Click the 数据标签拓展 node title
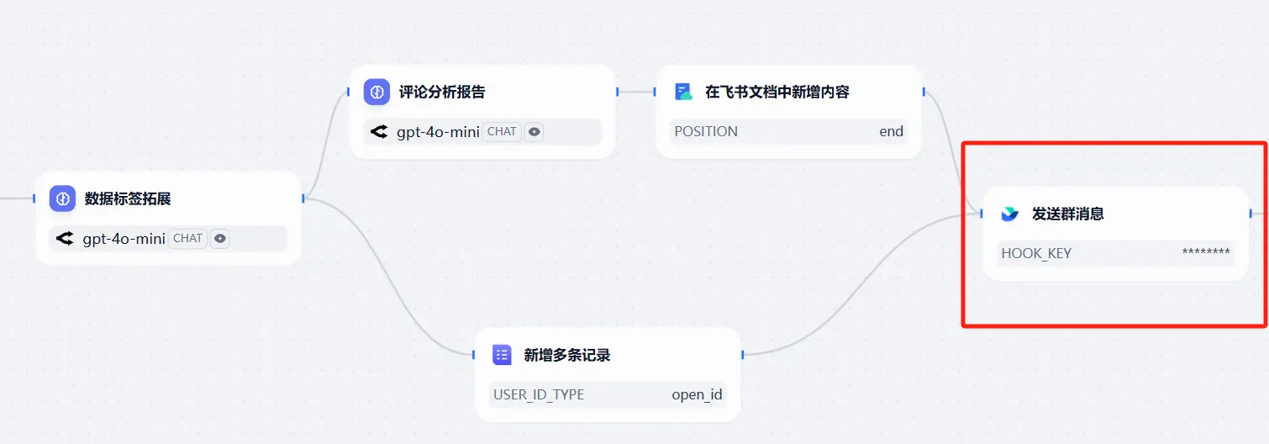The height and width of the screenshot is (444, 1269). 128,199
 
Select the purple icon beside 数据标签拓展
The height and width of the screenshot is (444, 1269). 62,198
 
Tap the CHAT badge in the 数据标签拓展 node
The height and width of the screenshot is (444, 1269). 187,238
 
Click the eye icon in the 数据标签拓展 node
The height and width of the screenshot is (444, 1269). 219,238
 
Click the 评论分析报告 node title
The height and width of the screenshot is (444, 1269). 442,92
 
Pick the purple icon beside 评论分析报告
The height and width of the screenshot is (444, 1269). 376,92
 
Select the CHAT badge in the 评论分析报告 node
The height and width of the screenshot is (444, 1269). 502,131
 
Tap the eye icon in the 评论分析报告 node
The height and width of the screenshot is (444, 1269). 534,131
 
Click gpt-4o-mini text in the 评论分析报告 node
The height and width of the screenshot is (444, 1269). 438,131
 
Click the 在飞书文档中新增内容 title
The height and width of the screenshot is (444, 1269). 777,92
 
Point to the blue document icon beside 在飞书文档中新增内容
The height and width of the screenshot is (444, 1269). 684,92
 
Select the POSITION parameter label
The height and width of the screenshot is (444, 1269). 706,131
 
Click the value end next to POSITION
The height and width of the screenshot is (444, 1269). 891,131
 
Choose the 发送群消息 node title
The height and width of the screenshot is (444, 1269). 1067,214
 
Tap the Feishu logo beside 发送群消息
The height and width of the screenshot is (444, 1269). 1010,214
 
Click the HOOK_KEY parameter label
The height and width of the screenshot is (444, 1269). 1036,253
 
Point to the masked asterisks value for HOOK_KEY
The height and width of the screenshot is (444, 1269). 1206,253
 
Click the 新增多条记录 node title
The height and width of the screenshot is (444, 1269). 567,355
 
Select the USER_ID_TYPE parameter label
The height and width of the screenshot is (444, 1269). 539,394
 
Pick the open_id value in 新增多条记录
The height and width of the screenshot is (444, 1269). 697,394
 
